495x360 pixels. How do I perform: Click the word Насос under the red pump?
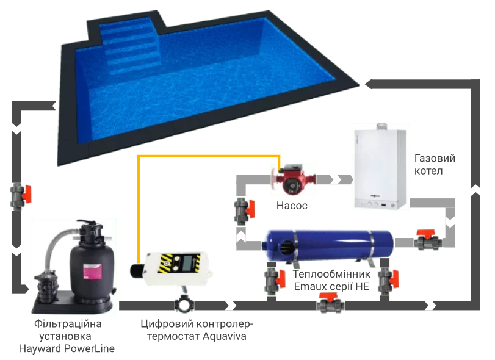point(292,206)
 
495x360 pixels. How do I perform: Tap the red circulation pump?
point(293,179)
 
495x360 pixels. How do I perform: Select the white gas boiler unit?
point(380,167)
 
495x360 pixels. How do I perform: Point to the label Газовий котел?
point(435,164)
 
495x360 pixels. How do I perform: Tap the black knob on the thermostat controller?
point(137,271)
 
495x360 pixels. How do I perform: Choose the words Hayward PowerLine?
point(67,348)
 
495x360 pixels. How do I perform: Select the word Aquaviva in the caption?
point(225,336)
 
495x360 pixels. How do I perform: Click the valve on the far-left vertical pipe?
point(21,196)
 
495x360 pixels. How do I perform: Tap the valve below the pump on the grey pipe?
point(244,211)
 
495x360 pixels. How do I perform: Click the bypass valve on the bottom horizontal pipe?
point(331,303)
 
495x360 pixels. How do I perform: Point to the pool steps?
point(132,48)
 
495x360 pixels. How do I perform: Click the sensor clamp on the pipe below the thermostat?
point(184,303)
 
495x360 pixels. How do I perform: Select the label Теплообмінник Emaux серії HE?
point(331,280)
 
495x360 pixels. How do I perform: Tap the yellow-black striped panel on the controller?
point(179,262)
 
